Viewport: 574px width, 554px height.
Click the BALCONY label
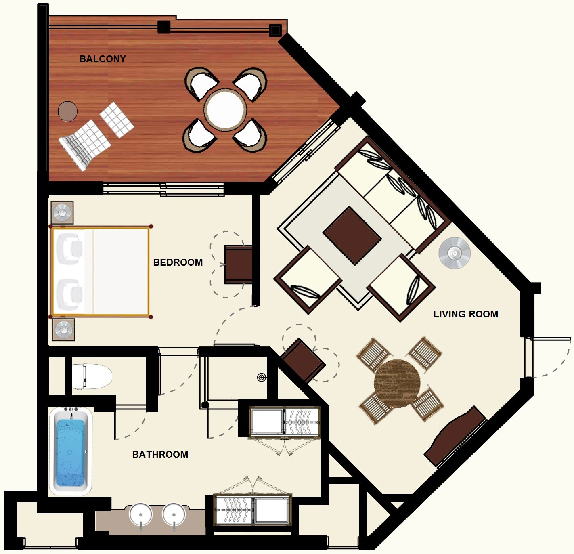click(103, 59)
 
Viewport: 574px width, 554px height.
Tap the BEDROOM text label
click(178, 262)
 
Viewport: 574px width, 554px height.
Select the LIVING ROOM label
click(466, 314)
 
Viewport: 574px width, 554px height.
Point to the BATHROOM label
click(160, 455)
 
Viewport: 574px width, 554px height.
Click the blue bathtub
click(71, 451)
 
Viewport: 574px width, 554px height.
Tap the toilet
click(92, 376)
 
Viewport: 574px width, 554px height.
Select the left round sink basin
click(141, 514)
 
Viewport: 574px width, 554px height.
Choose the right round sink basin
click(174, 514)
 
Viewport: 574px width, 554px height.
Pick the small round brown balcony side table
click(67, 111)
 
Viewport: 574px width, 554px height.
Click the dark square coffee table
click(352, 235)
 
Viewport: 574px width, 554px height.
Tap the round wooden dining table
click(397, 384)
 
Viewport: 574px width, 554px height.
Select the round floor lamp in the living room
click(455, 253)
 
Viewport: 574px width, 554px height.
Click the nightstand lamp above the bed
click(62, 212)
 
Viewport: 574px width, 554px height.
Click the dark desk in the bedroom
click(238, 264)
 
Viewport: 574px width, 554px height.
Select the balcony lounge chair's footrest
click(117, 120)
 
